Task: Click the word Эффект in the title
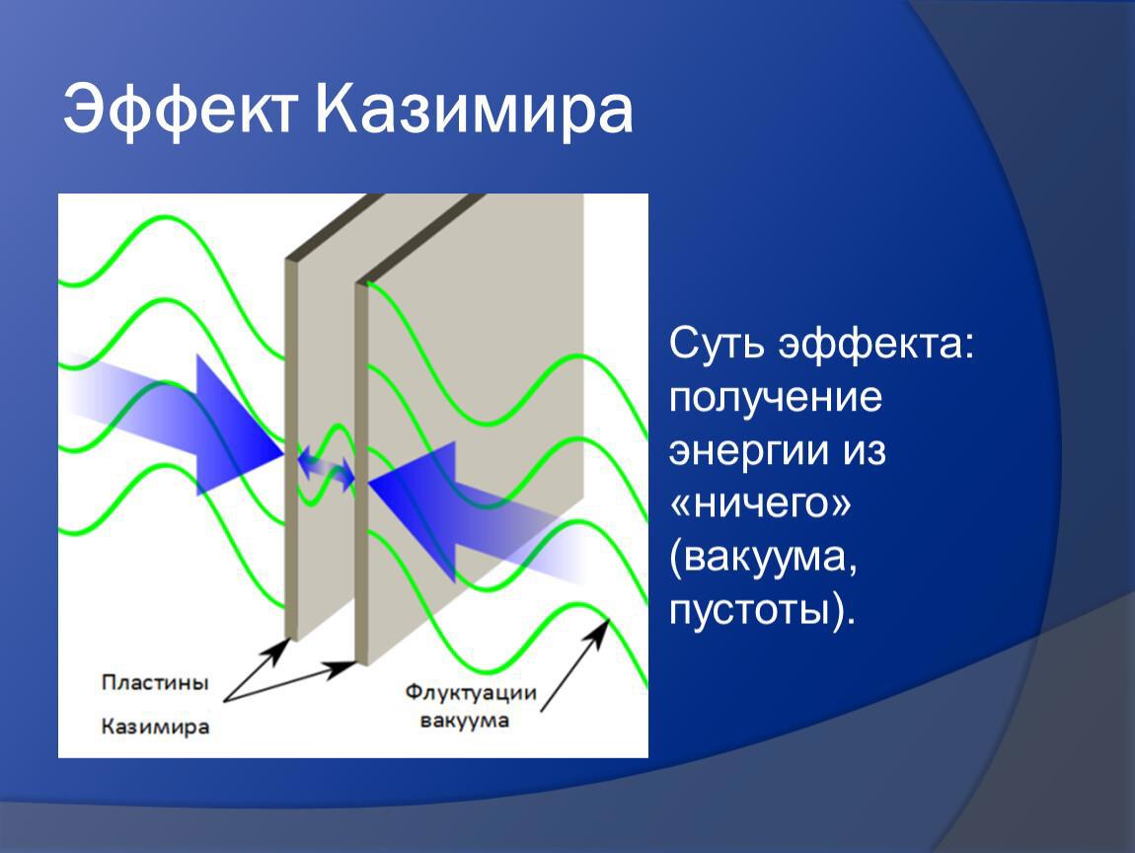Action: [181, 110]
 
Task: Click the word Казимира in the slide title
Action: [474, 110]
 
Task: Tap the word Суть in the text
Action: [717, 344]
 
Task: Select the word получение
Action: [775, 398]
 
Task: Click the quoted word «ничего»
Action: [760, 504]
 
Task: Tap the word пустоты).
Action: [762, 610]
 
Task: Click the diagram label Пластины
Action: [155, 682]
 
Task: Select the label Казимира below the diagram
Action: [155, 727]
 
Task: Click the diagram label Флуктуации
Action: [471, 692]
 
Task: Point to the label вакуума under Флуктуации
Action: [464, 721]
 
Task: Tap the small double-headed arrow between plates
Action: [327, 466]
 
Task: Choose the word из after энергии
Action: [864, 451]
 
